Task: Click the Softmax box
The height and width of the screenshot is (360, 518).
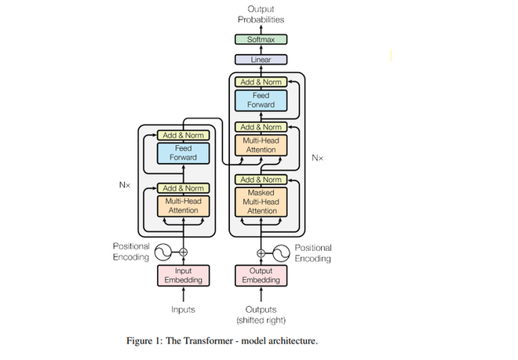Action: [x=261, y=39]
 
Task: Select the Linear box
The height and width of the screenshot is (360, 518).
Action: [x=261, y=60]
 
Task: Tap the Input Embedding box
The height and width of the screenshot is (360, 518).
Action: [x=184, y=276]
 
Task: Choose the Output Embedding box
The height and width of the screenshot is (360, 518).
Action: [x=261, y=276]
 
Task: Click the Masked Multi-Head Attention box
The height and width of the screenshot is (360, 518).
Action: [x=261, y=202]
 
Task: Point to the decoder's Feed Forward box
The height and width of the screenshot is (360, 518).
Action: [x=261, y=100]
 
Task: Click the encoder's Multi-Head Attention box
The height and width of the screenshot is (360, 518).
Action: [x=184, y=205]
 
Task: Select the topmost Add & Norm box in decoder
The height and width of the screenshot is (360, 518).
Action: [x=261, y=82]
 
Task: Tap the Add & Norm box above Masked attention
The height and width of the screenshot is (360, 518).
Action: [x=261, y=180]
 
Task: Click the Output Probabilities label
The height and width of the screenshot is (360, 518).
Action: [x=261, y=13]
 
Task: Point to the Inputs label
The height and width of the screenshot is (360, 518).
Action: [x=184, y=310]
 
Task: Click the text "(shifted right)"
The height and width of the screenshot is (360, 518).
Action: [x=261, y=321]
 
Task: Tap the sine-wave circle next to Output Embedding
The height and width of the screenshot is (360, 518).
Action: [x=281, y=253]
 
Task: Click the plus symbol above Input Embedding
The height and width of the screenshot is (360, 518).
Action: [x=184, y=253]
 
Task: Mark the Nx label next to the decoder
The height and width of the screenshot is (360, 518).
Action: [x=317, y=158]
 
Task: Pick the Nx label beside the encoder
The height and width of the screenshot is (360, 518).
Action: [x=124, y=186]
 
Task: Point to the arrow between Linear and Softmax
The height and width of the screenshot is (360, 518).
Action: [x=261, y=49]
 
